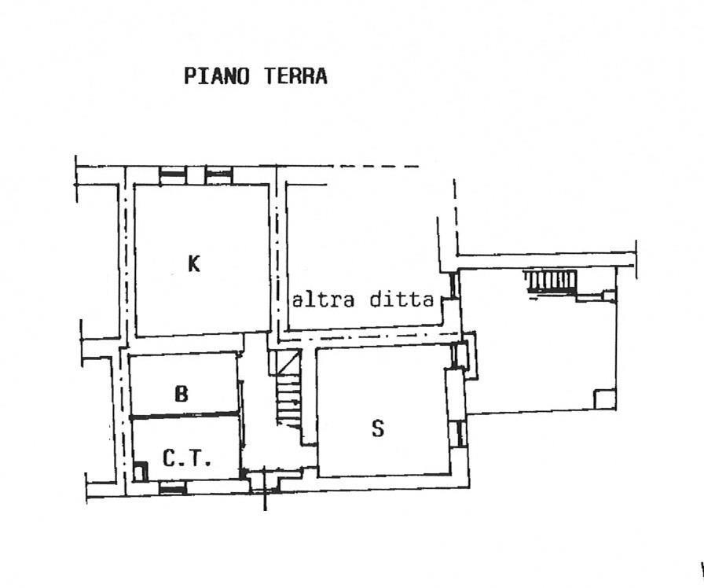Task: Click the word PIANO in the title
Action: click(x=216, y=76)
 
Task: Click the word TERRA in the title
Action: click(x=295, y=76)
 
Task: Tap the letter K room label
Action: click(x=193, y=263)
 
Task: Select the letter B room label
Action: click(x=181, y=394)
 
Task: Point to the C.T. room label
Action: click(x=186, y=458)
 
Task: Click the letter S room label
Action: click(x=378, y=428)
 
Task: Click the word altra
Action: click(x=322, y=300)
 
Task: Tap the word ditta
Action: click(x=401, y=300)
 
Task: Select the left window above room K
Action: click(x=173, y=175)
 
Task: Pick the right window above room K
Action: click(x=219, y=175)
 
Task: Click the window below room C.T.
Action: click(x=172, y=488)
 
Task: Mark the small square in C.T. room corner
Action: click(x=141, y=472)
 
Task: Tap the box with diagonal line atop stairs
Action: click(x=288, y=362)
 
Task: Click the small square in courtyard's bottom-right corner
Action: click(x=605, y=399)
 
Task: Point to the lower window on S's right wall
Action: click(x=460, y=433)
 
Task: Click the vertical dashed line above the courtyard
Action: click(x=455, y=216)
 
